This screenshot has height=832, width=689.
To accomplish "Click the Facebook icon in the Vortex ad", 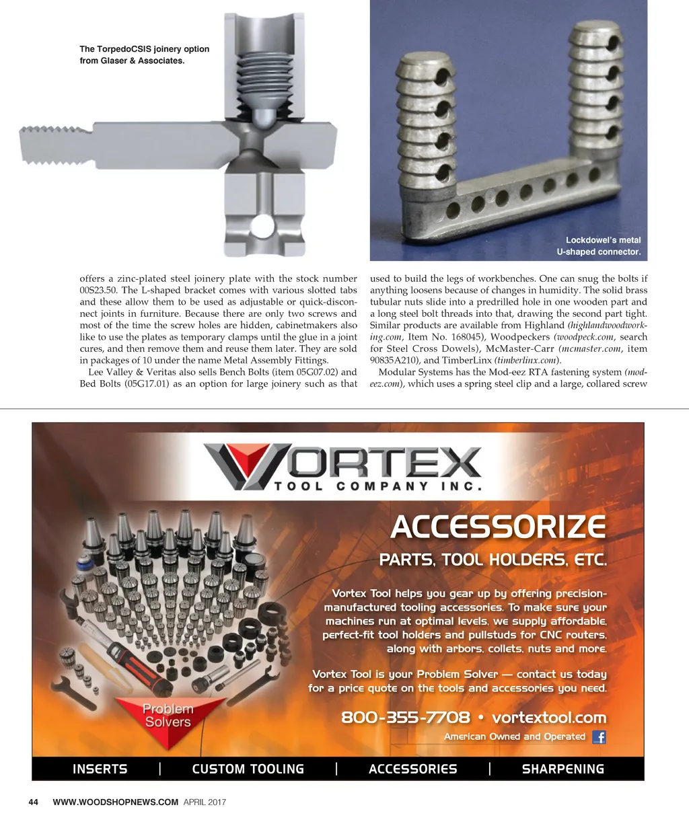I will tap(599, 737).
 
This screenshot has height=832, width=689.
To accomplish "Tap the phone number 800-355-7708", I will tap(405, 718).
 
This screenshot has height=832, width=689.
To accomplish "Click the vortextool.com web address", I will tap(549, 718).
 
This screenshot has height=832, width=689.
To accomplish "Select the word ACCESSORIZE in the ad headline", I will tap(499, 527).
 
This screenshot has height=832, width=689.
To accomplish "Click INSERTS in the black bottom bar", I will tap(100, 769).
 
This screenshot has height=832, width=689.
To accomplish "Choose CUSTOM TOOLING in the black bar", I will tap(248, 769).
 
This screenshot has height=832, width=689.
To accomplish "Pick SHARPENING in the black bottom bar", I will tap(563, 769).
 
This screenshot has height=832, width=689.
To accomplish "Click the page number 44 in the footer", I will tap(34, 802).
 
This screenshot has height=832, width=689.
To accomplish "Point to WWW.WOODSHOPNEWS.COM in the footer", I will tap(115, 802).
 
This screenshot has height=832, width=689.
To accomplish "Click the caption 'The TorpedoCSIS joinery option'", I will tap(144, 49).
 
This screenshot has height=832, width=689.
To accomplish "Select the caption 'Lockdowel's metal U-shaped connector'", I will tap(599, 246).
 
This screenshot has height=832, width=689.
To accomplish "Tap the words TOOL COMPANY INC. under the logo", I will tap(377, 486).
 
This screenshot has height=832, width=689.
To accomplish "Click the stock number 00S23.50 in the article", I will tap(98, 291).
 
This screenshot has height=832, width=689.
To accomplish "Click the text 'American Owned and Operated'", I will tap(514, 737).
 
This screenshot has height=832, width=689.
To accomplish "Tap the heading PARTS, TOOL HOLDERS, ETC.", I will tap(493, 560).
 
